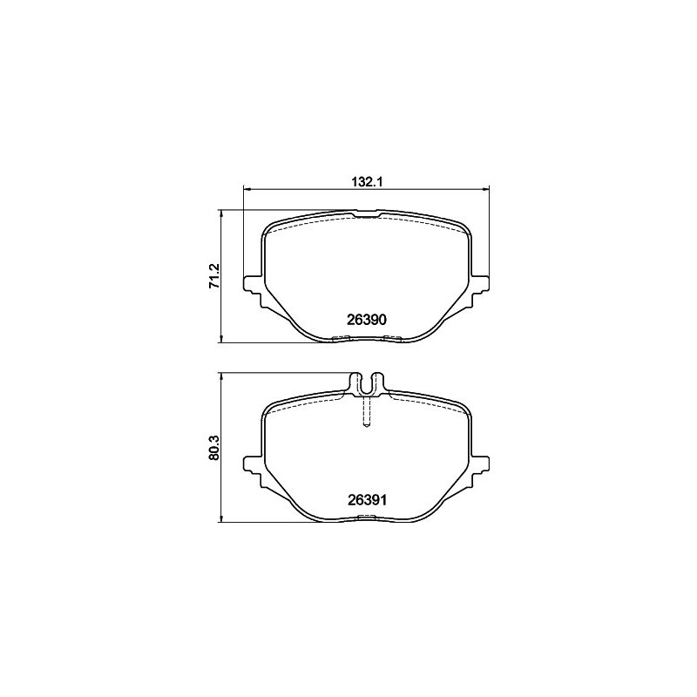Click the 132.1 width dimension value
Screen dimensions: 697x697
pos(367,181)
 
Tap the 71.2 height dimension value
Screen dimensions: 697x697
pos(214,275)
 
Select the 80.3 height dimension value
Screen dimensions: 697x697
pos(214,447)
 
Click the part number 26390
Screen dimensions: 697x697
pos(366,320)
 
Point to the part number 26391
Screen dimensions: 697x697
pos(367,500)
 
